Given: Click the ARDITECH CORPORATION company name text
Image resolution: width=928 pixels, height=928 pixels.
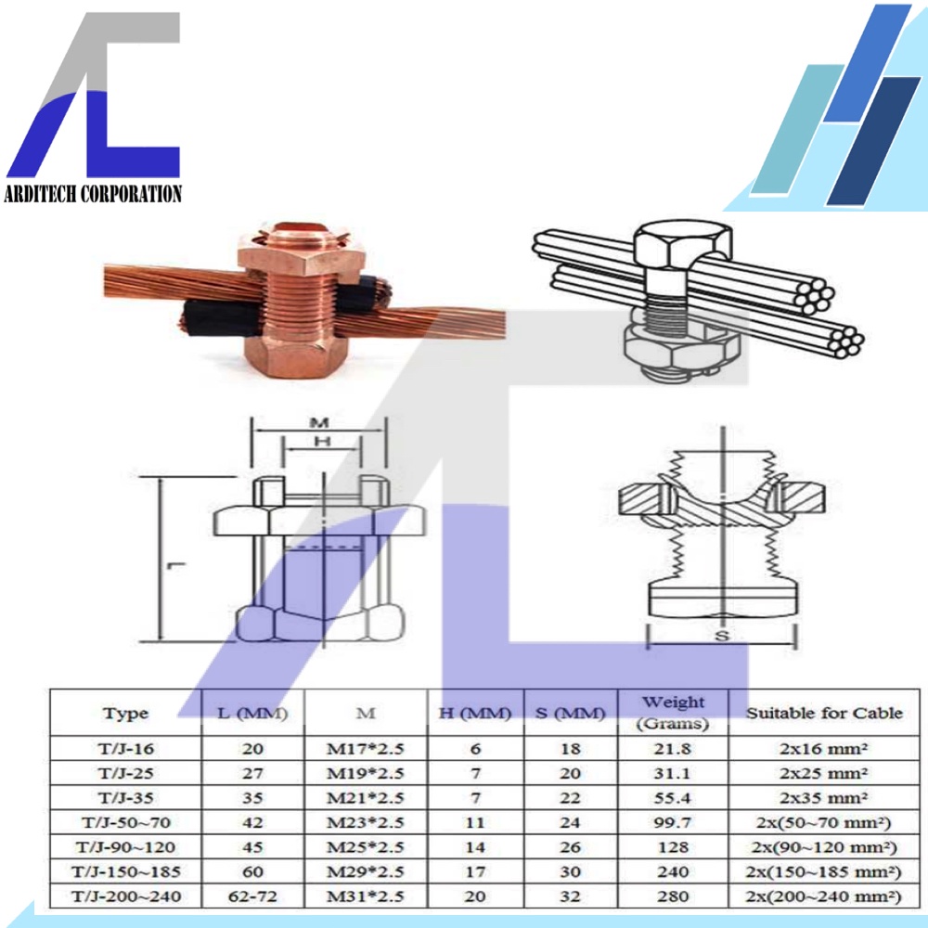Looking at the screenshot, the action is pyautogui.click(x=92, y=194).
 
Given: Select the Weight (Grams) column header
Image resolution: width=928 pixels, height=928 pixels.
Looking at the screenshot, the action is pyautogui.click(x=673, y=713).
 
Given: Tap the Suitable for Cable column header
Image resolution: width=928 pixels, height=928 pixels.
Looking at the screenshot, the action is pyautogui.click(x=824, y=713).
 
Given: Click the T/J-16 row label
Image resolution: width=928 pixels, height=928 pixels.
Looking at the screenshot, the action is pyautogui.click(x=126, y=749).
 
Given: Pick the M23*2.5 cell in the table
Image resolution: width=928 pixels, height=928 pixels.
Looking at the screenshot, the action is pyautogui.click(x=365, y=822).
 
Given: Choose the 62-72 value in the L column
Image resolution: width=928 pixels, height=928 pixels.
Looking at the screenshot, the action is pyautogui.click(x=252, y=896).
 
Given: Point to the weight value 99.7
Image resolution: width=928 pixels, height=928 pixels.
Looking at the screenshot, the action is pyautogui.click(x=672, y=822).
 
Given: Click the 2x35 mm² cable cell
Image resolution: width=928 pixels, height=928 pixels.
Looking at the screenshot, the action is pyautogui.click(x=824, y=798).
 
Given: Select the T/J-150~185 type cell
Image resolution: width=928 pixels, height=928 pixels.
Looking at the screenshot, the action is pyautogui.click(x=126, y=871).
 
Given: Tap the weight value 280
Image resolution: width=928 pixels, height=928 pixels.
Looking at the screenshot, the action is pyautogui.click(x=673, y=896).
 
